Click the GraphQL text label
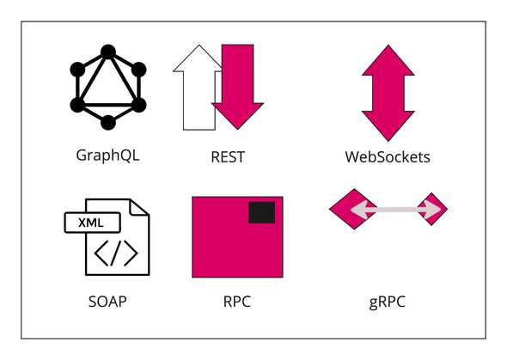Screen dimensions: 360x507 107,156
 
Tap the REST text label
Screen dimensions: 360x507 228,157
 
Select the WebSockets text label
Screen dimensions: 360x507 388,157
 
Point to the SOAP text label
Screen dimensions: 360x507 107,302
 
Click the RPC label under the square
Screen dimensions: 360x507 236,302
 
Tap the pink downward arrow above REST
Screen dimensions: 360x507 237,86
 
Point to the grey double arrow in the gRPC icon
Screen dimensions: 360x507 388,210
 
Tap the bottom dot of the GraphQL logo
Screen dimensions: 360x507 108,123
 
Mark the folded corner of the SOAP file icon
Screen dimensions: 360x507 139,205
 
